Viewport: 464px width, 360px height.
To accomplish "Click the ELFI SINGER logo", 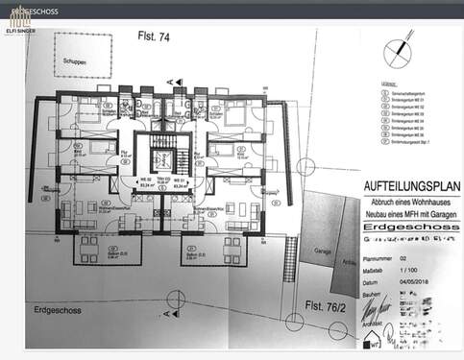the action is [19, 21].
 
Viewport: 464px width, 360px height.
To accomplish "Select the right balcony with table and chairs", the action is [208, 250].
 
